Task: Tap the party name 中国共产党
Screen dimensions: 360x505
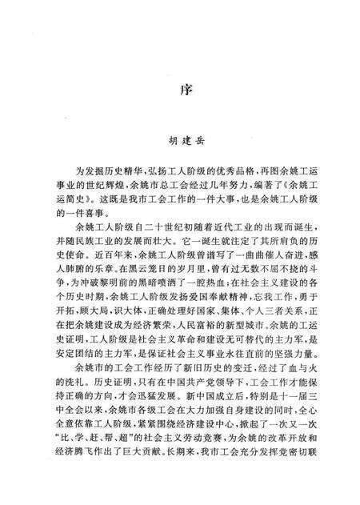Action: click(183, 388)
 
